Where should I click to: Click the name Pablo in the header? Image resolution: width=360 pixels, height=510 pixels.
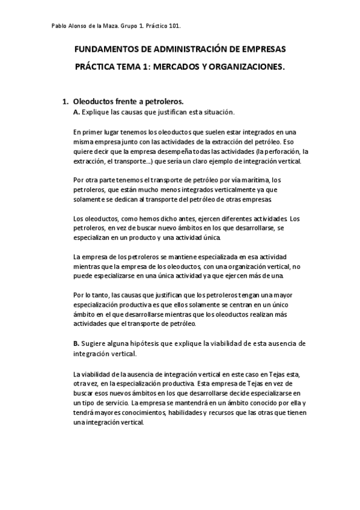pyautogui.click(x=53, y=26)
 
